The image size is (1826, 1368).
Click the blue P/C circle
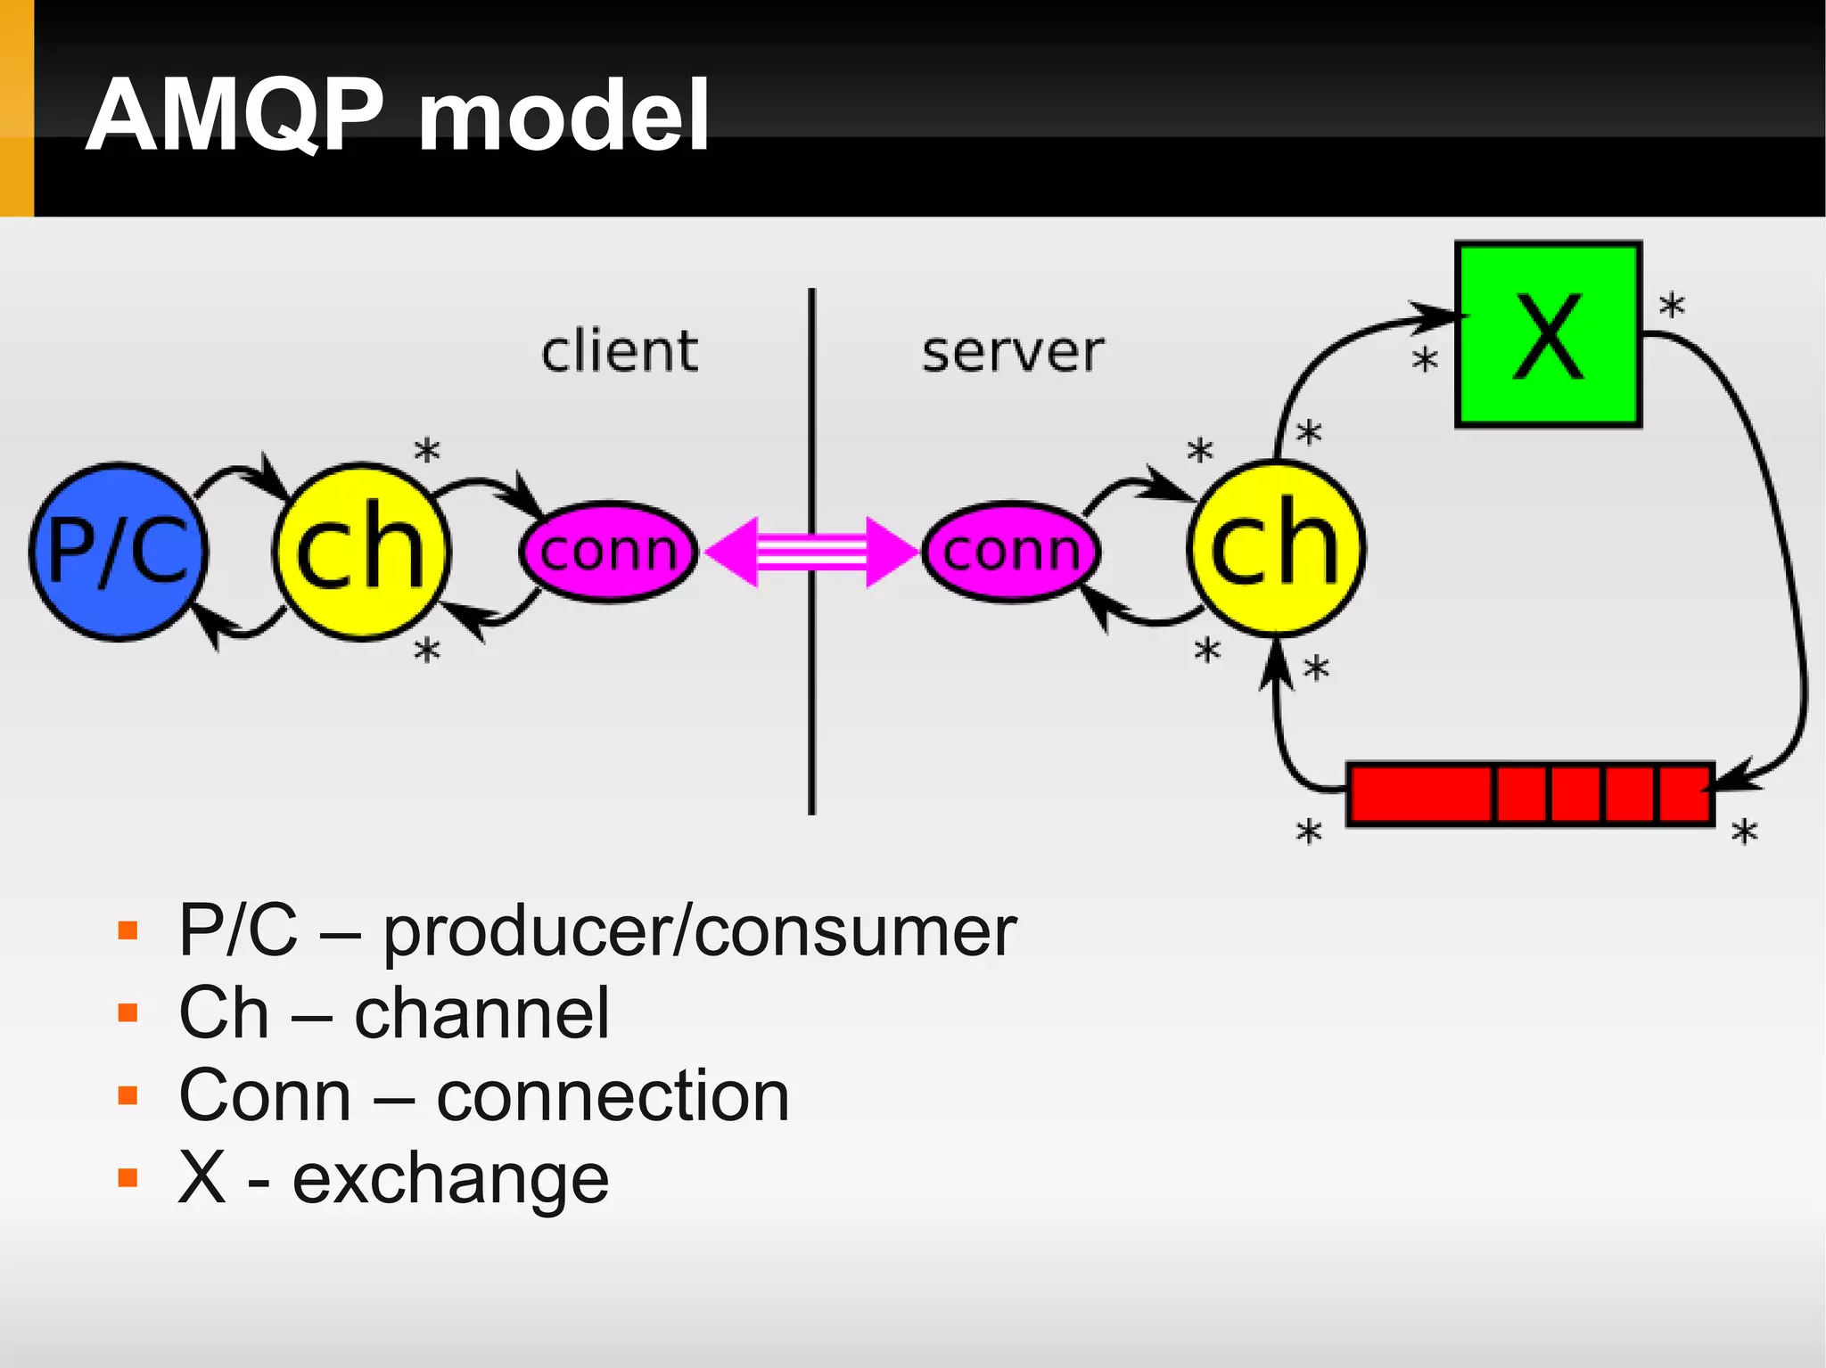[119, 552]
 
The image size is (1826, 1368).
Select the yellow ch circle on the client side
[361, 552]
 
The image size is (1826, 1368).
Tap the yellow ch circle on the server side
[1276, 548]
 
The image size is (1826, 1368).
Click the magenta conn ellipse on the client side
[609, 552]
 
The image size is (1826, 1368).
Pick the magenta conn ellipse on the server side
[1011, 552]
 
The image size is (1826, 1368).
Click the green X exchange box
[1549, 335]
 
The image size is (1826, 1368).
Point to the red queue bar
[1530, 793]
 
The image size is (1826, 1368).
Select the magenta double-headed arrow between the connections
[811, 552]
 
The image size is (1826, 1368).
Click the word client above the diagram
[620, 351]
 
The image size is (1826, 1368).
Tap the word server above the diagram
[1013, 353]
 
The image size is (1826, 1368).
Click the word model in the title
[563, 116]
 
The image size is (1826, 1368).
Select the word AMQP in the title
[235, 116]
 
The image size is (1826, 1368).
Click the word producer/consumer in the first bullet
[700, 932]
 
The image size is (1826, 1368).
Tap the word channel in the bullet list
[481, 1014]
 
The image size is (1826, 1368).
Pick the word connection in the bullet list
[613, 1096]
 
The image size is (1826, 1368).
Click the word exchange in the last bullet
[450, 1179]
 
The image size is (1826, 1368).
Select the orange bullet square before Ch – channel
[128, 1013]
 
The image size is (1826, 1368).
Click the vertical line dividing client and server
[811, 713]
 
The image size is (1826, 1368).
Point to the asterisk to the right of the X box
[1672, 307]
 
